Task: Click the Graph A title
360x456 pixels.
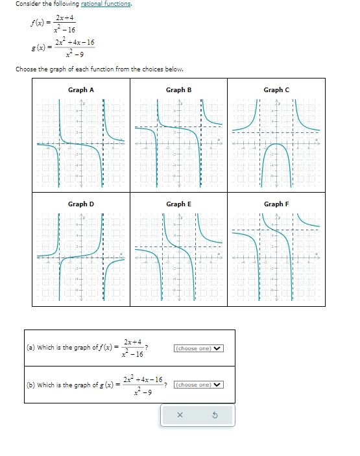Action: (81, 90)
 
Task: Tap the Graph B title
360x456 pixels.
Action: (178, 90)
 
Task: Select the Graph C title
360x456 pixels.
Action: (276, 90)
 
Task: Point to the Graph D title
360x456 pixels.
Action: (81, 204)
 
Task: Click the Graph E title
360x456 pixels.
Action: (178, 204)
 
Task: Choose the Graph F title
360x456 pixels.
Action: (276, 204)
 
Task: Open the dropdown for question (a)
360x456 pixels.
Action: (198, 348)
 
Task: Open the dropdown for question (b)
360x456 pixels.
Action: (198, 385)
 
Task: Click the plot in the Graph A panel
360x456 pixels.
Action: (81, 143)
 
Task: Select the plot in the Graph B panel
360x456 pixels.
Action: (178, 143)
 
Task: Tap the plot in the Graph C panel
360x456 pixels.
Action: (276, 143)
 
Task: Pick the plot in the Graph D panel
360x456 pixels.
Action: (81, 258)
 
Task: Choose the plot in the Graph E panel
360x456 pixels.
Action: (178, 258)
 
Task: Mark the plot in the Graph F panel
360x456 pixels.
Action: (276, 258)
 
